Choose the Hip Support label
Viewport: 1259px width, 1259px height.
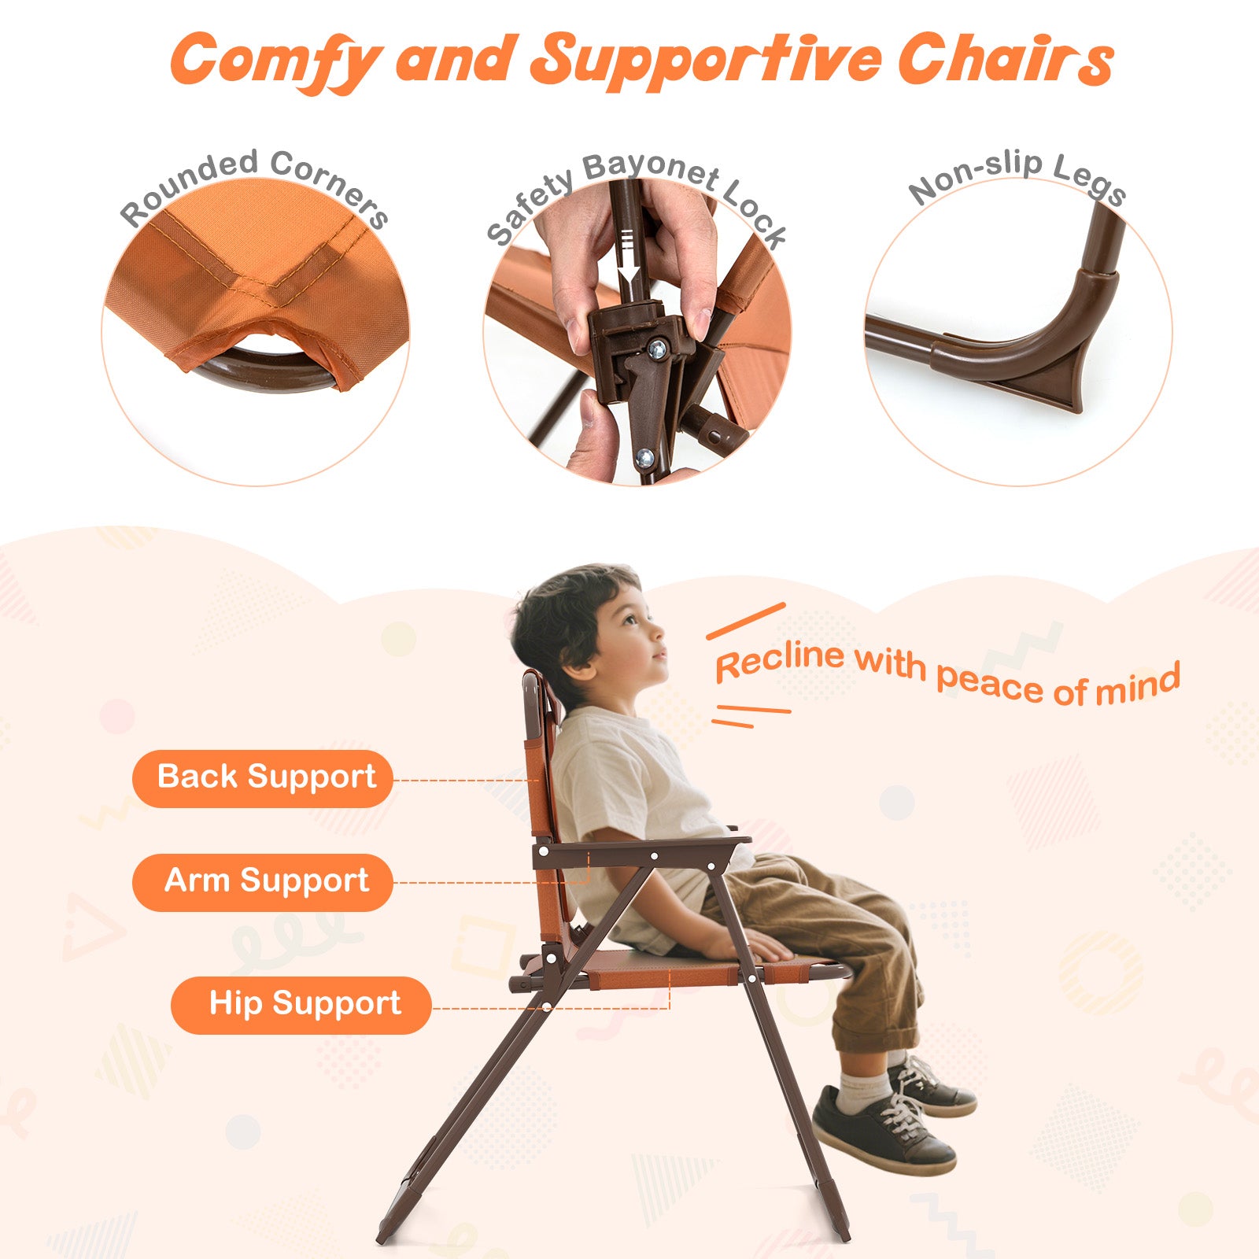click(301, 1004)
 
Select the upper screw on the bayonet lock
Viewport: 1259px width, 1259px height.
click(655, 347)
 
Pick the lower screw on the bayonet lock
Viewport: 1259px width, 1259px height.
click(644, 456)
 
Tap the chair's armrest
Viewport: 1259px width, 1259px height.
click(641, 851)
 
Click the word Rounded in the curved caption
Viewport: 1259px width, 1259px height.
click(189, 186)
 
